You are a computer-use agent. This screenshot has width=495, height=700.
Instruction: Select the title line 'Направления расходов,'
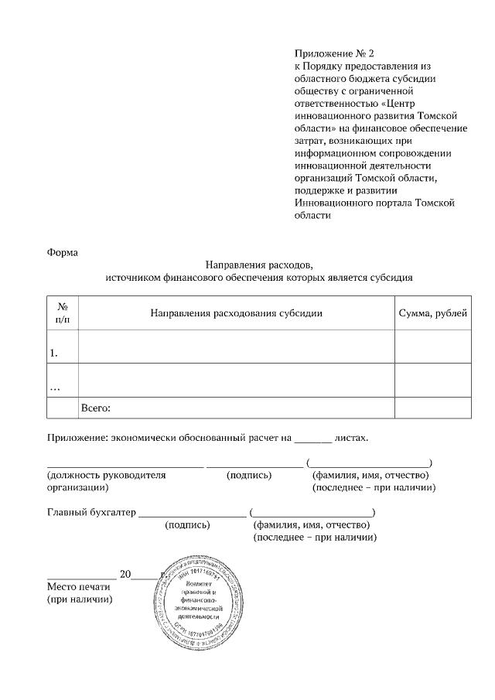click(x=259, y=264)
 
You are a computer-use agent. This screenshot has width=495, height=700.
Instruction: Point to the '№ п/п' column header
click(x=63, y=313)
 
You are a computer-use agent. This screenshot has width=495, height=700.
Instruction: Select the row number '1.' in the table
click(x=54, y=353)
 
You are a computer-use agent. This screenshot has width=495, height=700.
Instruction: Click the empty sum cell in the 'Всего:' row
click(x=432, y=408)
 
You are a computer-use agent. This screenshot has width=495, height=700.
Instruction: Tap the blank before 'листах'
click(x=313, y=439)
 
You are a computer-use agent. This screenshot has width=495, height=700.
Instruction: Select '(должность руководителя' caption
click(x=107, y=475)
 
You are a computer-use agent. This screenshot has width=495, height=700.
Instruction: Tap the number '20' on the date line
click(x=126, y=574)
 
